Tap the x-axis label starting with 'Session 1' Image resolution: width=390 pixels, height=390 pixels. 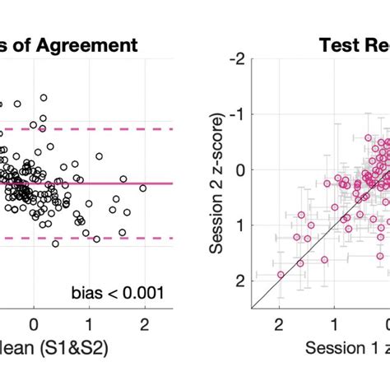346,347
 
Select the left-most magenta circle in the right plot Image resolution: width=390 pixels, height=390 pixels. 281,274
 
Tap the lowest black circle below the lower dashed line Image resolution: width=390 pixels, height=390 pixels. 55,244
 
